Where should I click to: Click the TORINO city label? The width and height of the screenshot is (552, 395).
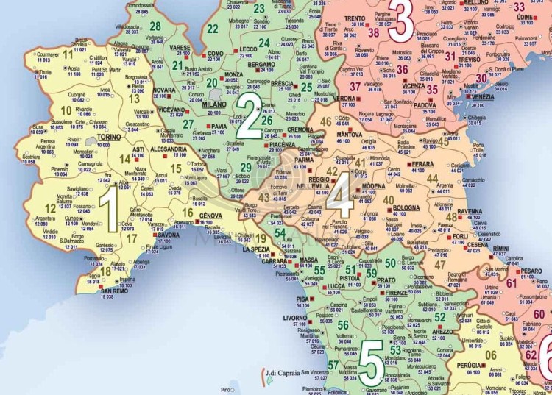[108, 137]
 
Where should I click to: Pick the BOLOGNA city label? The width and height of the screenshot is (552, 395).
[406, 208]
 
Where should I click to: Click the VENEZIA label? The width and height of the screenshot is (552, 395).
[484, 97]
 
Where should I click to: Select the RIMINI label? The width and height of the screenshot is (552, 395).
[500, 249]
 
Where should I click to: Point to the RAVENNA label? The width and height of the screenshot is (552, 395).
[469, 211]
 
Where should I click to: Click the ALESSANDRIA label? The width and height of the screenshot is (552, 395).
[170, 148]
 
